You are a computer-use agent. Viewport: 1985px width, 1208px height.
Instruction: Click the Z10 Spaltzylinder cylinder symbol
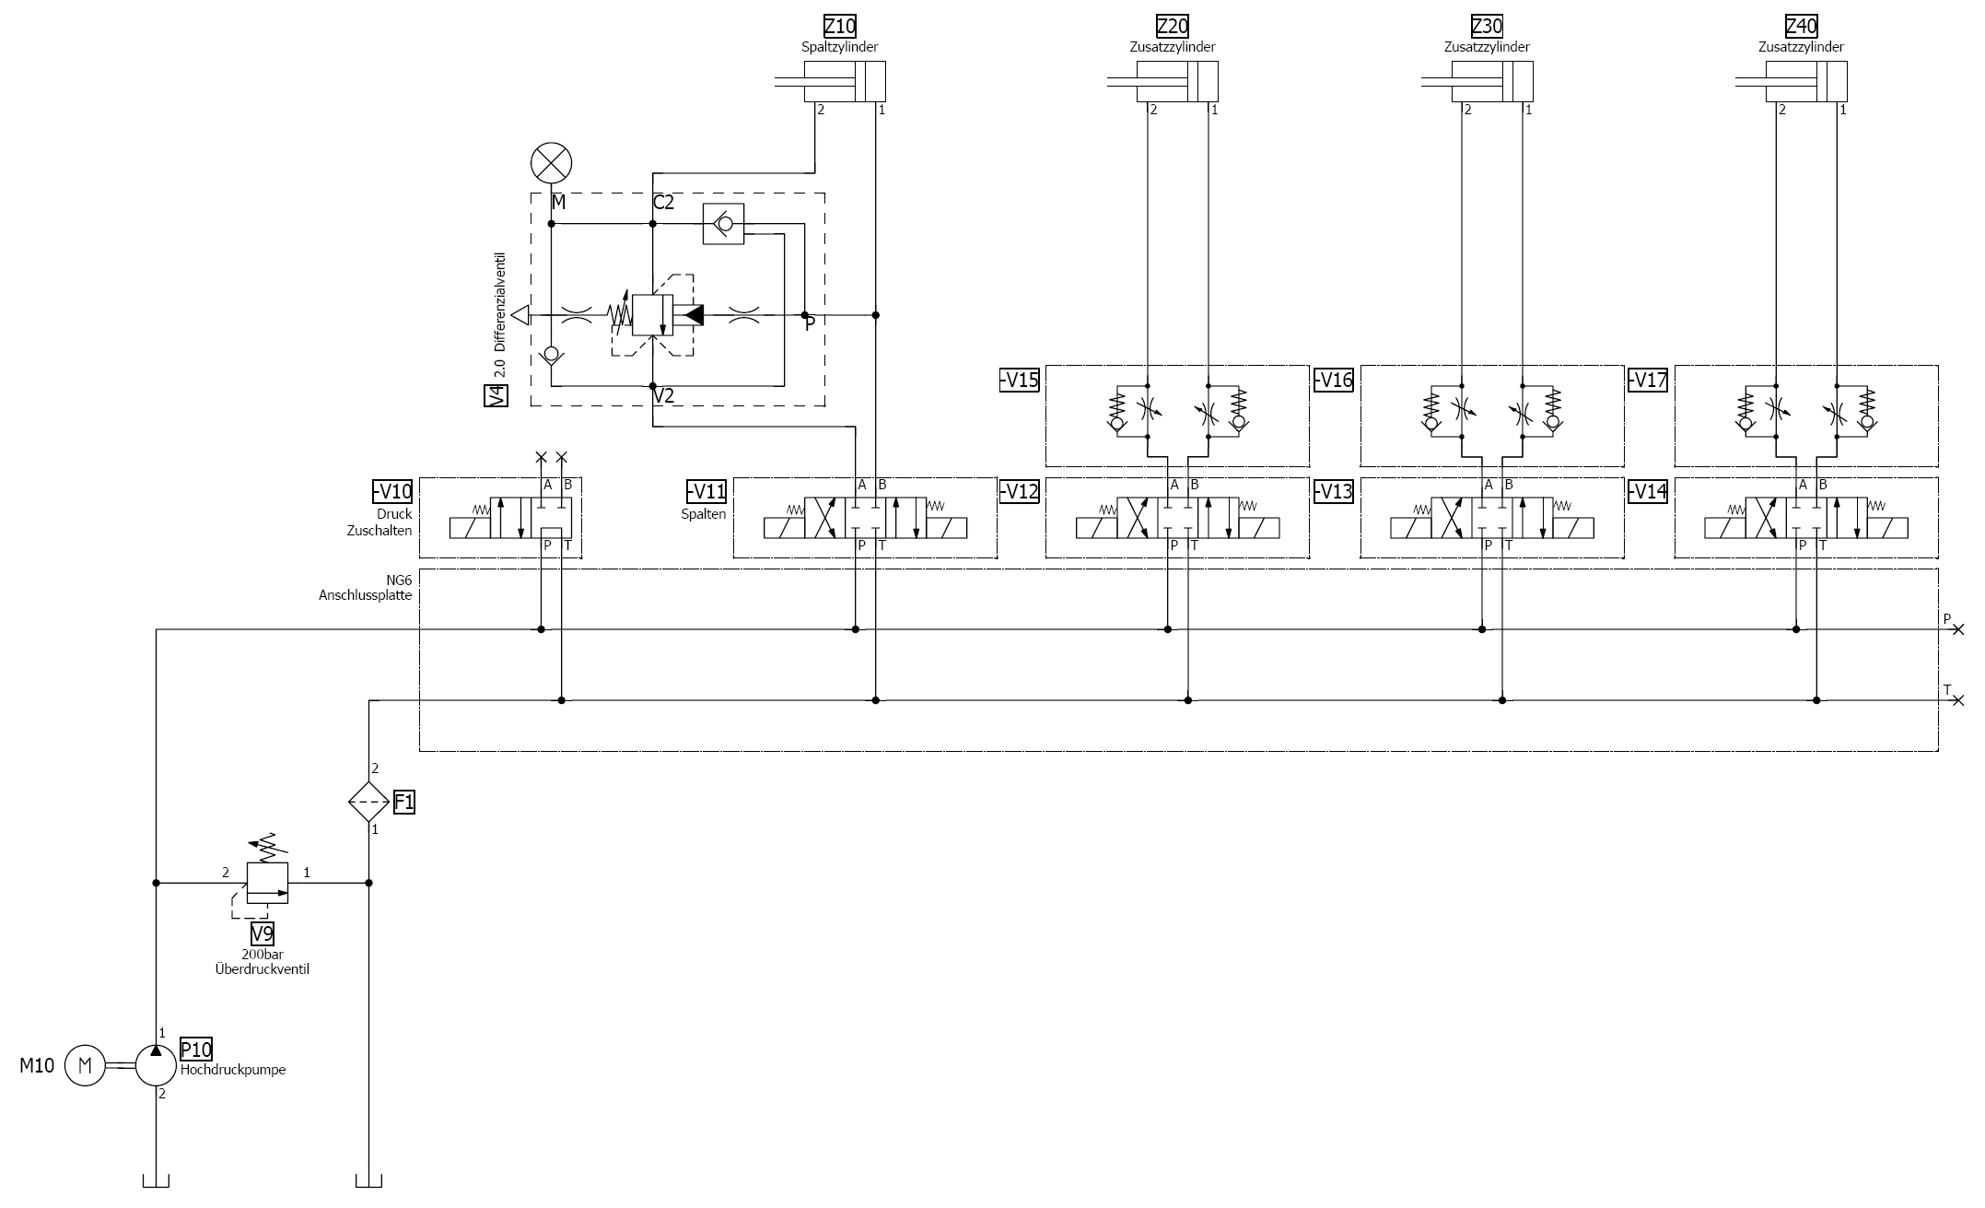(x=845, y=81)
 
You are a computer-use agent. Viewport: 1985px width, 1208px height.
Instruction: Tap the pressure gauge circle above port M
(x=551, y=164)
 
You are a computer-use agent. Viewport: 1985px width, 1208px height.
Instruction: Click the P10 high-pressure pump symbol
(x=156, y=1066)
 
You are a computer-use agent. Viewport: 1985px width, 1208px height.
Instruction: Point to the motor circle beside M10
(x=86, y=1066)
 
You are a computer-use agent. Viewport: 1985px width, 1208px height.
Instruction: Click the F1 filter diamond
(x=368, y=802)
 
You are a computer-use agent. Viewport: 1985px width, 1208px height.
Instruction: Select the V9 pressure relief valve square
(x=267, y=883)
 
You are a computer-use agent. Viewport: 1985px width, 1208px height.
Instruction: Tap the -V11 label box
(x=706, y=491)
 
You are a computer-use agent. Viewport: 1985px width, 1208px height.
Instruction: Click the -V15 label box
(x=1019, y=380)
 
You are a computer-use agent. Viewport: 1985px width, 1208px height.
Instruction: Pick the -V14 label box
(x=1647, y=491)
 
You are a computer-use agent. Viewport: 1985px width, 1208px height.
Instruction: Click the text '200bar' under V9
(x=263, y=956)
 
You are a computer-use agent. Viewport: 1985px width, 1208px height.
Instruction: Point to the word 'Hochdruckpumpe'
(x=233, y=1070)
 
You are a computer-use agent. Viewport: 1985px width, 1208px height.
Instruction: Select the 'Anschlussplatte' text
(x=366, y=595)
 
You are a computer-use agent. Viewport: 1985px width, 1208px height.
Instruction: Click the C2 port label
(x=663, y=203)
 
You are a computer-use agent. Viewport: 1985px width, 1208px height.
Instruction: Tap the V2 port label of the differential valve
(x=663, y=396)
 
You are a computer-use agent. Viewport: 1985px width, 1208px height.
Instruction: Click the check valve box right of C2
(x=723, y=224)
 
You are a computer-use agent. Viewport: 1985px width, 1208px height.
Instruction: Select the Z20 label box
(x=1172, y=26)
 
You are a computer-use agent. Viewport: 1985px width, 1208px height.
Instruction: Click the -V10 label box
(x=391, y=491)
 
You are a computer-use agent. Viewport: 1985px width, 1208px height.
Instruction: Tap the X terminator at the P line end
(x=1957, y=629)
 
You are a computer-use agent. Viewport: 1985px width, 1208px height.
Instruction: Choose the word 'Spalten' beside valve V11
(x=704, y=514)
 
